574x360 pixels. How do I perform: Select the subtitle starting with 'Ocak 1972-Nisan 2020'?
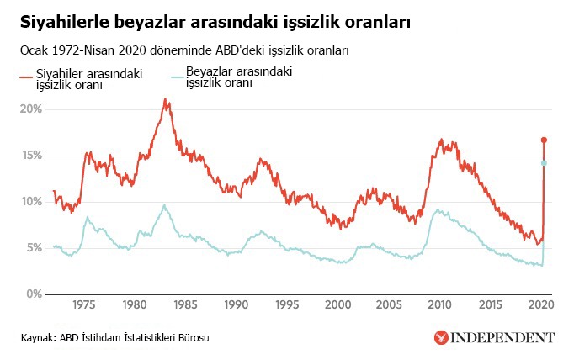[185, 51]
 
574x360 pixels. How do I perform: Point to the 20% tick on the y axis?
[31, 109]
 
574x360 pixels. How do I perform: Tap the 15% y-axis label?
[31, 156]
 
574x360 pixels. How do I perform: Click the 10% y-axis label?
[31, 202]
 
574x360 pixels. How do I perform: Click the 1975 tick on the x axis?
[83, 304]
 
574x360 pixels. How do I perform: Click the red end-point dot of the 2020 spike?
[545, 140]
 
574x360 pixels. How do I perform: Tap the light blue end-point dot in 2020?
[545, 163]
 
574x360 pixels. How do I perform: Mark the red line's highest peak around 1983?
[166, 100]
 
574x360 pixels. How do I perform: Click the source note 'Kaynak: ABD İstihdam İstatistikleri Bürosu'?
[114, 338]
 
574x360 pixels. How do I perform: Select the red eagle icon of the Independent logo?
[440, 338]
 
